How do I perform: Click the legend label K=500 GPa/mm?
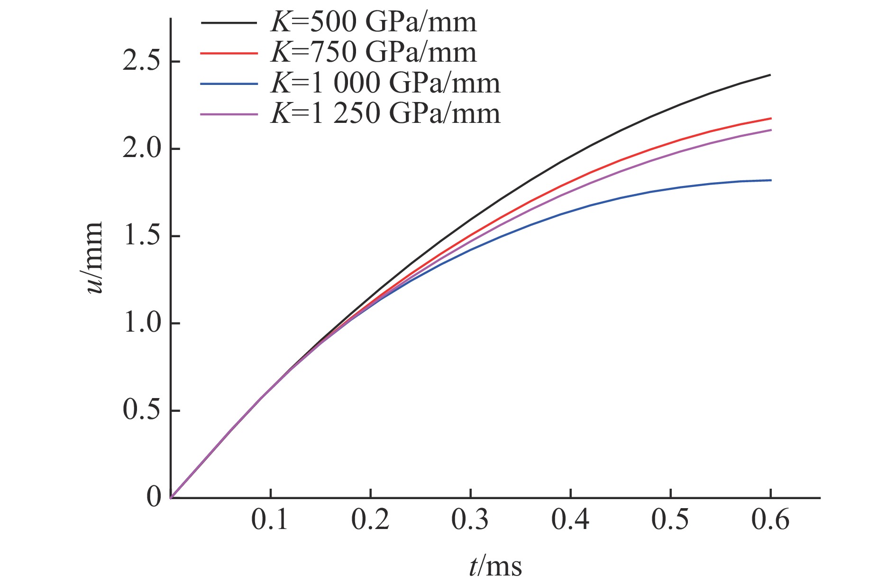373,22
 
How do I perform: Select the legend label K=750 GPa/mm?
373,52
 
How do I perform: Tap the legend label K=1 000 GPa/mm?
385,83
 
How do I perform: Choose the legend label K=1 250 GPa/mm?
385,114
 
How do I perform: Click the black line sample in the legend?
229,23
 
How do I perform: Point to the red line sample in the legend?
229,53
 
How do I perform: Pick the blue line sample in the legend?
229,84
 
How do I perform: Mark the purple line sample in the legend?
229,114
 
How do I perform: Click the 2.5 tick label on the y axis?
141,62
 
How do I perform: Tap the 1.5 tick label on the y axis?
141,236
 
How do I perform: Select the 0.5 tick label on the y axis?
141,410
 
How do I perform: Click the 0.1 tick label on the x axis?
270,520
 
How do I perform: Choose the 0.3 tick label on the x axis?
470,520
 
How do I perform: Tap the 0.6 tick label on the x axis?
770,520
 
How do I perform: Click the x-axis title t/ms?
495,566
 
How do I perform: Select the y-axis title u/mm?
94,257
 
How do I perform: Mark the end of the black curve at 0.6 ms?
770,75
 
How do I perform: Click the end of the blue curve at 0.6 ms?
770,180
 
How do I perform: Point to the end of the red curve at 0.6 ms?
770,118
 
